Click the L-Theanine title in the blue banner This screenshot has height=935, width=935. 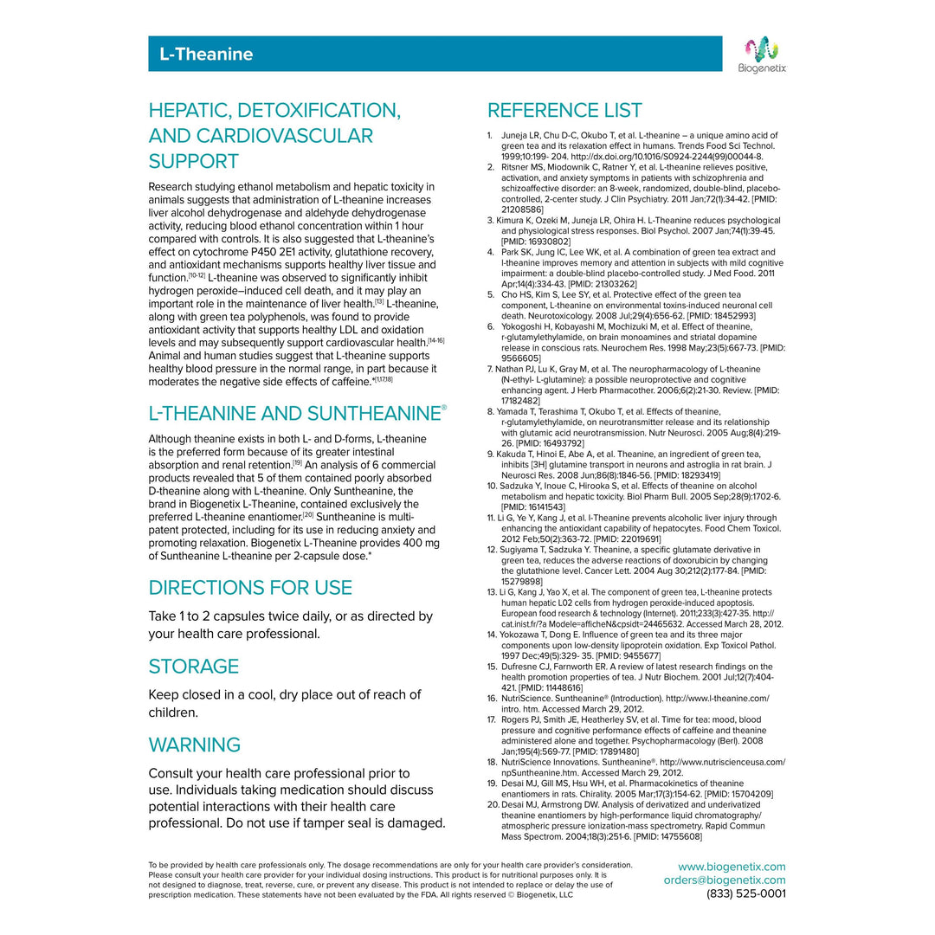pos(206,55)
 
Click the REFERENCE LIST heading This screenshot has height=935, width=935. pos(564,111)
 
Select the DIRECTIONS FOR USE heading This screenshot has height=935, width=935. pos(250,588)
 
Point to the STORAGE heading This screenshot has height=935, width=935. pos(194,667)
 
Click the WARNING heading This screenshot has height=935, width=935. pos(195,745)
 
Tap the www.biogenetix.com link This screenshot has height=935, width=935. pos(732,867)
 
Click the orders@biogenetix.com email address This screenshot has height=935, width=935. pos(725,880)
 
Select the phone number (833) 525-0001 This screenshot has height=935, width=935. pos(746,893)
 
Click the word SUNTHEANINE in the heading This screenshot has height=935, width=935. pos(377,414)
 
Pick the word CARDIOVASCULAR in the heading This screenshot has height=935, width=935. pos(293,136)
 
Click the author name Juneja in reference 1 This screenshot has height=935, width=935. pos(516,136)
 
